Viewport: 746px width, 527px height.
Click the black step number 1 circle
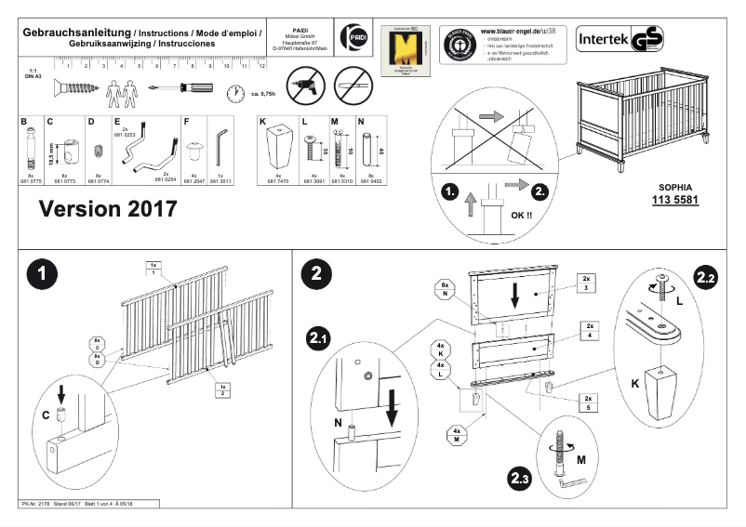tap(44, 275)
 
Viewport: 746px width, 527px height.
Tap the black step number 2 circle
tap(317, 275)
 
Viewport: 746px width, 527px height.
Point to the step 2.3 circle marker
tap(521, 480)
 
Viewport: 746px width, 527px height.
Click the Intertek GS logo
tap(619, 42)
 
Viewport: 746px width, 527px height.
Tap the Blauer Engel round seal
tap(459, 44)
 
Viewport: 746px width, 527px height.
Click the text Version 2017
tap(108, 209)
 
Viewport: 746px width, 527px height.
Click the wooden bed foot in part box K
tap(278, 146)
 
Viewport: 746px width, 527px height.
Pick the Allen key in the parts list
tap(222, 144)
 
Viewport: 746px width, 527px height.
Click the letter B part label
tap(25, 122)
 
